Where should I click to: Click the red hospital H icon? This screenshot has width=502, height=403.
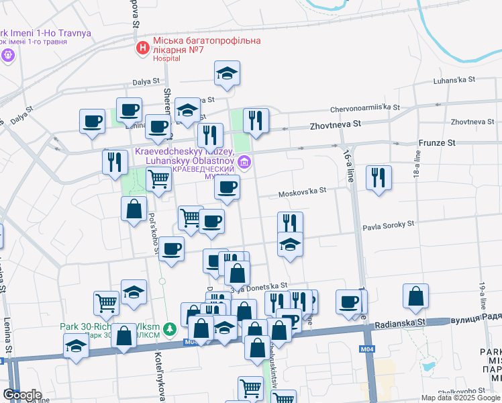pyautogui.click(x=142, y=48)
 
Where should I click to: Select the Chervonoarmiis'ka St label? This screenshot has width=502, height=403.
pyautogui.click(x=365, y=107)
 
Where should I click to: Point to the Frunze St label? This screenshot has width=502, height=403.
pyautogui.click(x=437, y=142)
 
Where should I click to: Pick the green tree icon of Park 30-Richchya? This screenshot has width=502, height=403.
pyautogui.click(x=171, y=328)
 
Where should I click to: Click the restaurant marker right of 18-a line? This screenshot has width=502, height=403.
pyautogui.click(x=379, y=178)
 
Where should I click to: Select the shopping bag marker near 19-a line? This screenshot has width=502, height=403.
pyautogui.click(x=416, y=296)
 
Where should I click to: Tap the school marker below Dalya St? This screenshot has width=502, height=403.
pyautogui.click(x=228, y=73)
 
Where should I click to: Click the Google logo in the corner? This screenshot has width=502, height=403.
pyautogui.click(x=22, y=394)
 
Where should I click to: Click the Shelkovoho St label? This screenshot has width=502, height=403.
pyautogui.click(x=462, y=390)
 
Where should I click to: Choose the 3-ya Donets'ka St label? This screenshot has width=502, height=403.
pyautogui.click(x=259, y=287)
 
